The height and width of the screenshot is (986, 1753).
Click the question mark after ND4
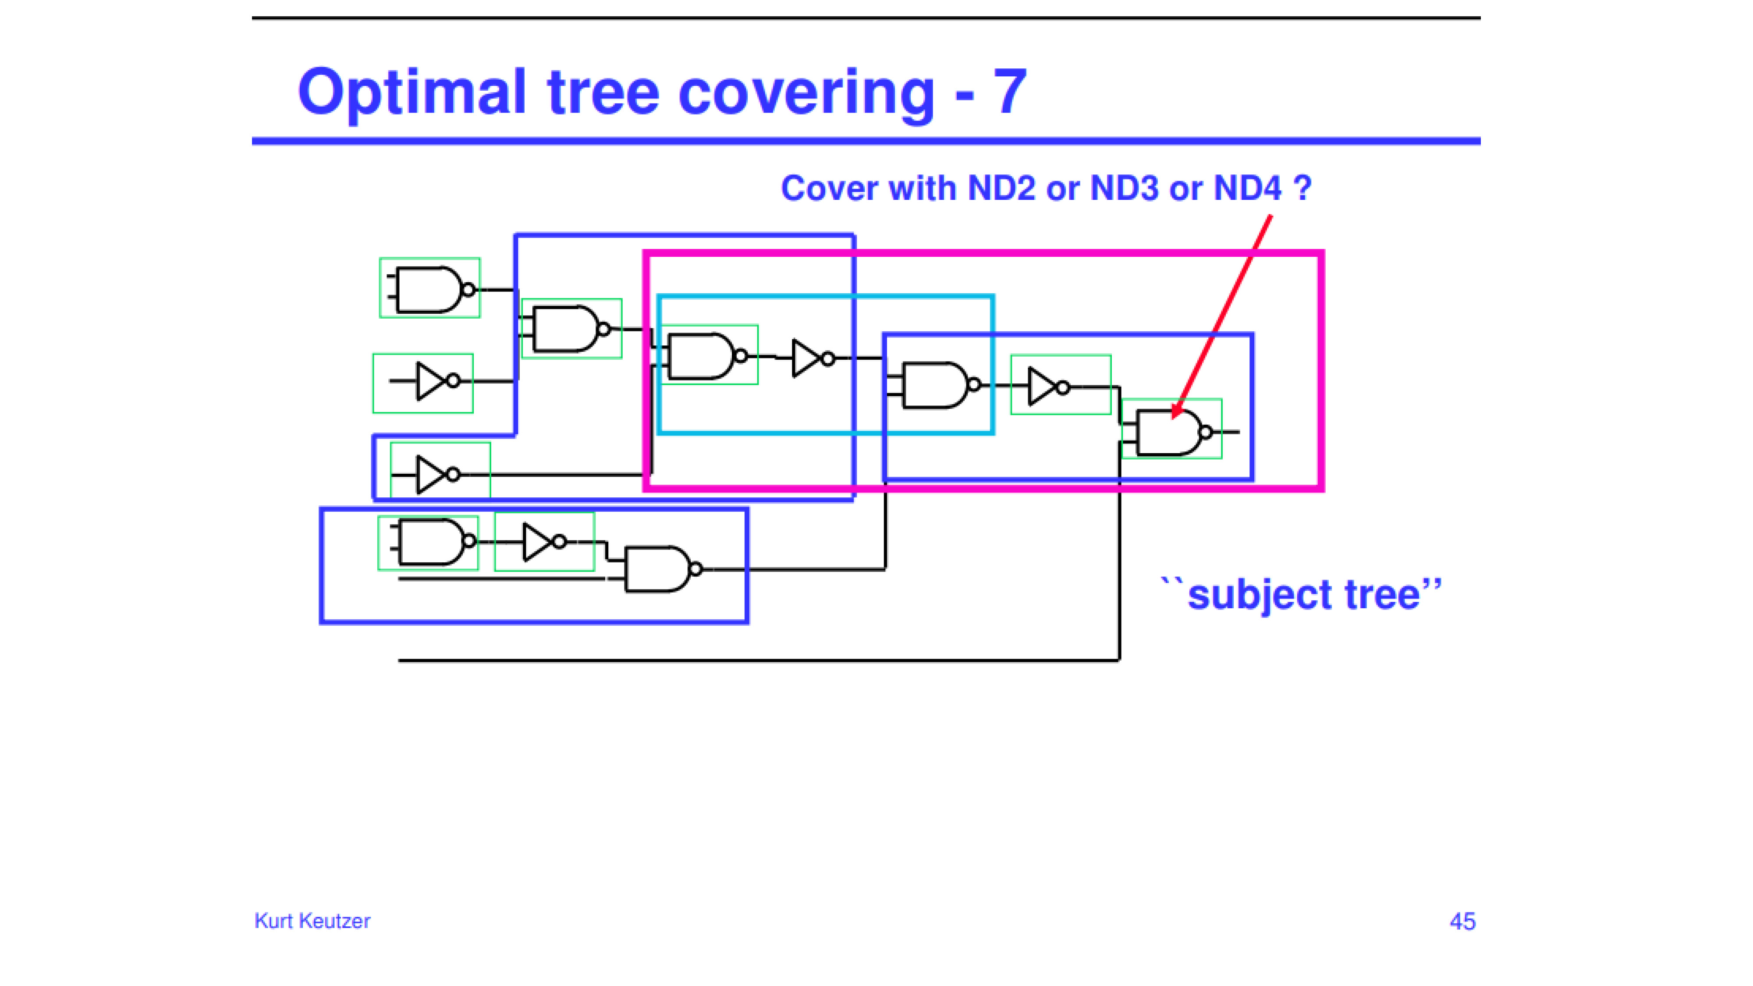click(1302, 188)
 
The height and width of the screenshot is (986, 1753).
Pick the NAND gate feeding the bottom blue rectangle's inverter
click(433, 542)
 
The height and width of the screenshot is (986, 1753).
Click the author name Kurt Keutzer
click(312, 921)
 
